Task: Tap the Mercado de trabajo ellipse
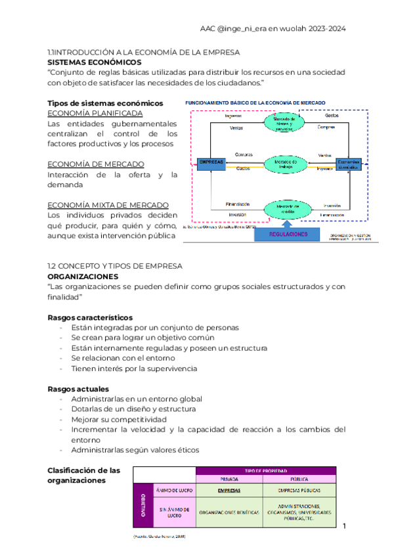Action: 286,164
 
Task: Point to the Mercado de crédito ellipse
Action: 286,209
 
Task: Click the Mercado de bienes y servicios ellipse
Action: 286,122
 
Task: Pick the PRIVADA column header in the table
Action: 230,479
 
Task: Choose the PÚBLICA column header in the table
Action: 299,479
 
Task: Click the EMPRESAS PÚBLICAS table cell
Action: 299,491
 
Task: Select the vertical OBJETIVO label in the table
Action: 142,505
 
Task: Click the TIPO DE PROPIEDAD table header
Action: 265,470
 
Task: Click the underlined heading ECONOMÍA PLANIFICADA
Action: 91,113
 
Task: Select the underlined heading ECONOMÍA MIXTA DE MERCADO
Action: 108,205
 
